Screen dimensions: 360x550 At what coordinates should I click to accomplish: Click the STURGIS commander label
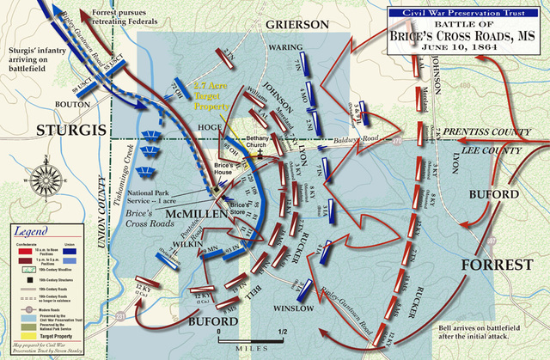(63, 131)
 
